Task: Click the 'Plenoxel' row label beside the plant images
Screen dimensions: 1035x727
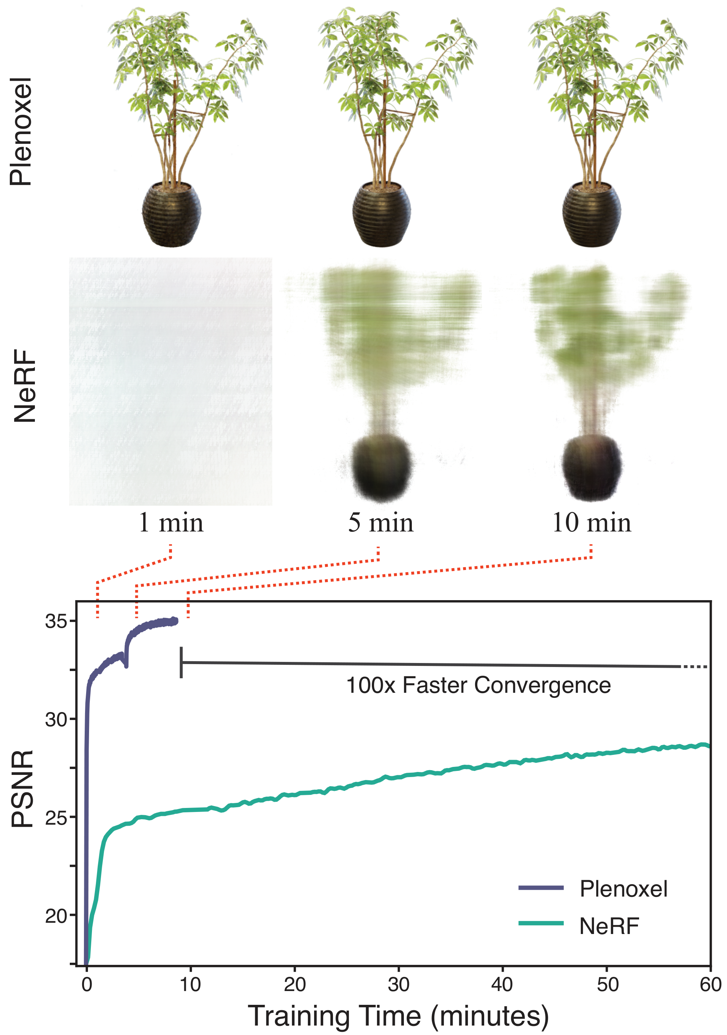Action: [x=22, y=132]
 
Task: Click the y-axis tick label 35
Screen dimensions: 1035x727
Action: [x=56, y=622]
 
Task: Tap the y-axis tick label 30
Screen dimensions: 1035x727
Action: [x=56, y=720]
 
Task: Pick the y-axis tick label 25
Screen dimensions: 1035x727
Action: [x=56, y=818]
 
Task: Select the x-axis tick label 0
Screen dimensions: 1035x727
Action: [x=87, y=985]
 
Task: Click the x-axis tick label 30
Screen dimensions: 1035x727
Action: [x=399, y=985]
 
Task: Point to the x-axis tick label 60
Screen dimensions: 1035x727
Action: [x=710, y=985]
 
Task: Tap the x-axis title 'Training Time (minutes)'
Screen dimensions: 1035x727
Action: [x=399, y=1016]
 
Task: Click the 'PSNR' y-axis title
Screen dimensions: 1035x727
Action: [x=23, y=789]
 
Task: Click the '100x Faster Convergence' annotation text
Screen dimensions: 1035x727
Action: [x=478, y=686]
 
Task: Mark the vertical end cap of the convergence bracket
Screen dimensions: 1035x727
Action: [x=181, y=662]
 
